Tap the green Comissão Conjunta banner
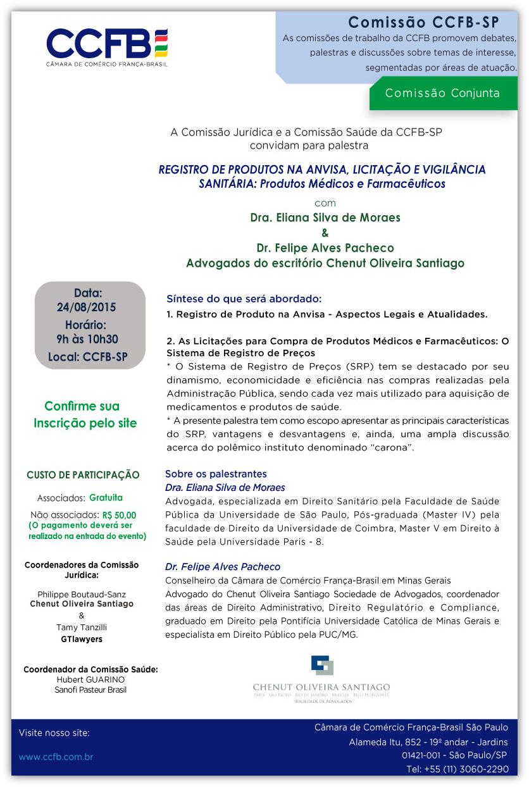click(x=442, y=94)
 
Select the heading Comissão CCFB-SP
click(x=423, y=23)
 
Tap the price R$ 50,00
click(x=118, y=515)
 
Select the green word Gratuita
click(x=106, y=497)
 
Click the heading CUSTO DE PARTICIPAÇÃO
click(x=83, y=475)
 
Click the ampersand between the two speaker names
click(x=325, y=232)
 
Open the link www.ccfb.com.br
click(x=56, y=757)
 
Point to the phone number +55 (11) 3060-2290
click(x=457, y=769)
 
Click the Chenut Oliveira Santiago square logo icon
click(x=321, y=666)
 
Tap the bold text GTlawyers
click(x=81, y=639)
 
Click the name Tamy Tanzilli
click(x=82, y=627)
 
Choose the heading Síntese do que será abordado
click(x=244, y=299)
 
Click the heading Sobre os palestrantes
click(x=216, y=474)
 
